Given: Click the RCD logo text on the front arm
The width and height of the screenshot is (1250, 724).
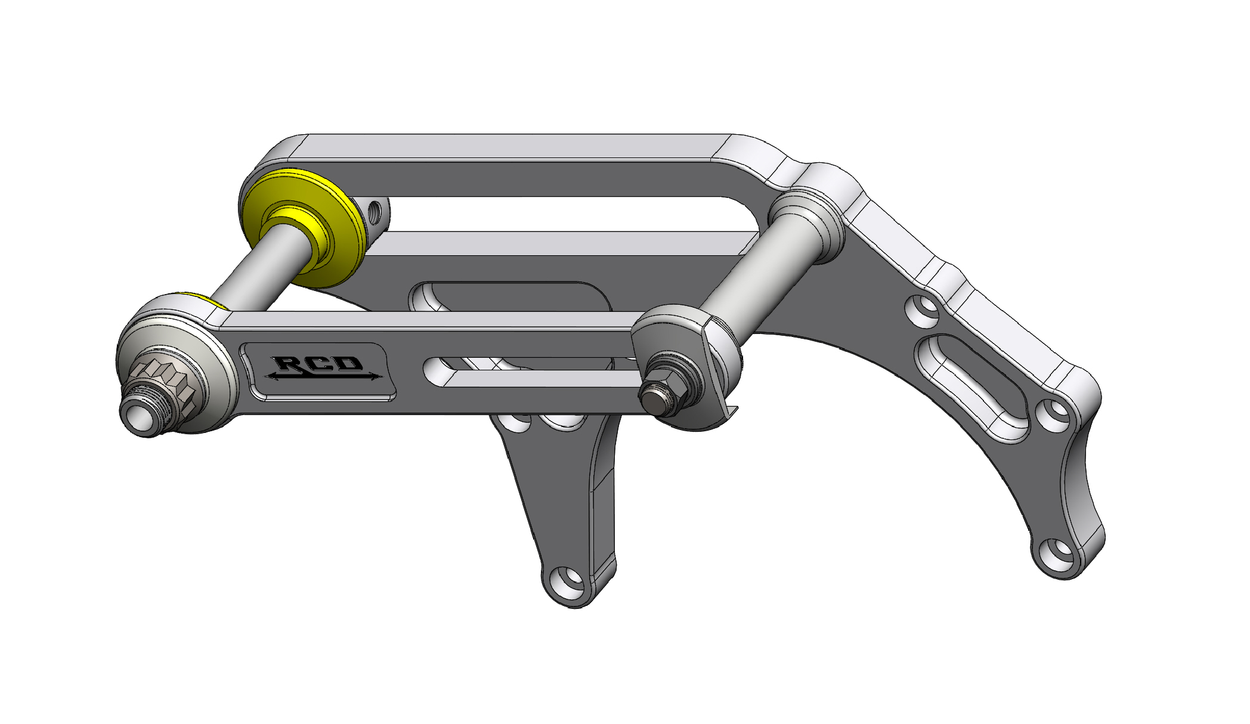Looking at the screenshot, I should [x=319, y=363].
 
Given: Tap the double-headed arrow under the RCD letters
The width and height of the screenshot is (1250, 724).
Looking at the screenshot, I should [x=323, y=376].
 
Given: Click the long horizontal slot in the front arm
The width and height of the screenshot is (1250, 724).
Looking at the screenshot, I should [x=531, y=372].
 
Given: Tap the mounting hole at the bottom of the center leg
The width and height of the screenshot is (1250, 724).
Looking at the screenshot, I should [x=567, y=578].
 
